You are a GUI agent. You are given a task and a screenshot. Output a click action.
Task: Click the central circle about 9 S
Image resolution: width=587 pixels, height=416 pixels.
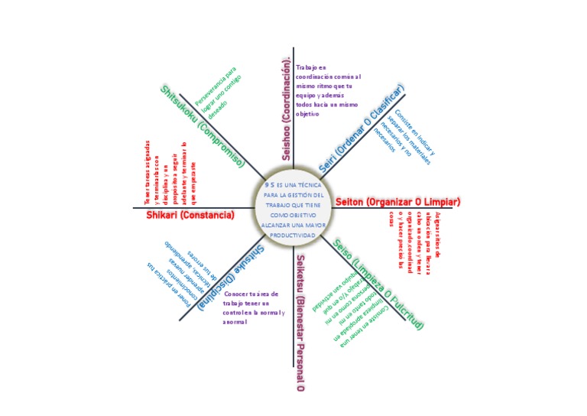coord(293,210)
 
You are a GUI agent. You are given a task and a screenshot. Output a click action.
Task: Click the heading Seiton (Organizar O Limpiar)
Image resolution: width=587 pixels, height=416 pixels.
coord(397,202)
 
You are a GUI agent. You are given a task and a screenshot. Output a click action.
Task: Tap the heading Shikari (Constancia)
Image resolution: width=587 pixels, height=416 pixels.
coord(190,216)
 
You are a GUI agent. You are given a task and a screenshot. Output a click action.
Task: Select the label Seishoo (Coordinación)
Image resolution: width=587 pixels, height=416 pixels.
coord(287,107)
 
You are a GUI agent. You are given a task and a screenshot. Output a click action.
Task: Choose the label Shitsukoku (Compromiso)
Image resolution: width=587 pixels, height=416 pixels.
coord(202,126)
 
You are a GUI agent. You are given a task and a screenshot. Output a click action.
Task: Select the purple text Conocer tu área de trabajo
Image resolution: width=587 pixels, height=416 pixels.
coord(253,307)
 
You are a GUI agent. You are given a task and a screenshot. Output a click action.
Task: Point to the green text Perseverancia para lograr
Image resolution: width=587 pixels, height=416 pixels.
coord(216,93)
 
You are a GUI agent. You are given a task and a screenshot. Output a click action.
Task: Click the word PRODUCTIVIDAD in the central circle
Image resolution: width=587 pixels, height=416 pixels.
coord(293,235)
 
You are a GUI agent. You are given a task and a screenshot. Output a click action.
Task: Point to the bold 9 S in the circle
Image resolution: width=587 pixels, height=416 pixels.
coord(269,184)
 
